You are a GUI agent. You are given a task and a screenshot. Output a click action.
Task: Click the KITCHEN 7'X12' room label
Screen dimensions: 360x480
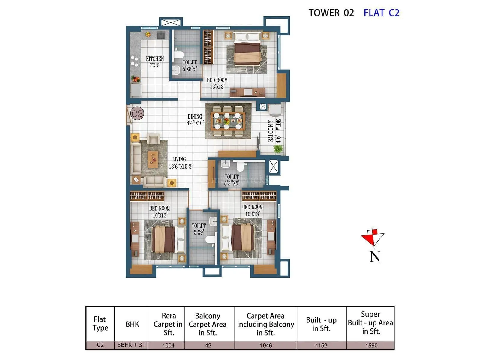coord(155,62)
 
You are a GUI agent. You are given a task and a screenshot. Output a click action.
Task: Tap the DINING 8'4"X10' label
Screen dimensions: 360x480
coord(195,119)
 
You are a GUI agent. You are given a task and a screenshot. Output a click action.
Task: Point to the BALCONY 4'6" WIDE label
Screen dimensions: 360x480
coord(274,131)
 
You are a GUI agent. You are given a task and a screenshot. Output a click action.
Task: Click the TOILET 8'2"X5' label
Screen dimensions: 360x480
coord(232,180)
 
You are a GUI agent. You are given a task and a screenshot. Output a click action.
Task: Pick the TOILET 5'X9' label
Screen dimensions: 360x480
coord(199,229)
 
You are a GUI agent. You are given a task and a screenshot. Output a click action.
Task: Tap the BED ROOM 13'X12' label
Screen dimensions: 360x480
coord(217,83)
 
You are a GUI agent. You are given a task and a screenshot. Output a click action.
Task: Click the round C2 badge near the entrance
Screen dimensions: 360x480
coord(137,114)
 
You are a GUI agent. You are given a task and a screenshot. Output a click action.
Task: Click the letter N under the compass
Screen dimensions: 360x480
coord(375,256)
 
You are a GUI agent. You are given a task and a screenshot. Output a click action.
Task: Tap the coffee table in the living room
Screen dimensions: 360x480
coord(153,159)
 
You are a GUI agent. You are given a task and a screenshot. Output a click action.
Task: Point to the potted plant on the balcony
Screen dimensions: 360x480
coord(278,148)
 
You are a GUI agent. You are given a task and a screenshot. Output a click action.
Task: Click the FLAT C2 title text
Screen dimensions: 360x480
coord(381,13)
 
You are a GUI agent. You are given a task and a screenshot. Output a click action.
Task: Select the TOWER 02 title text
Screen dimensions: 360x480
coord(331,13)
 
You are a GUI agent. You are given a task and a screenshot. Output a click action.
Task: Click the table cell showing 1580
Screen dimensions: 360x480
coord(371,346)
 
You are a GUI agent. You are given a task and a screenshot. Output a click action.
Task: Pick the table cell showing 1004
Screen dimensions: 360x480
coord(168,346)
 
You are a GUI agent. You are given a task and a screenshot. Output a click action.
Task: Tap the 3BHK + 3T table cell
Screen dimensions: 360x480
coord(131,345)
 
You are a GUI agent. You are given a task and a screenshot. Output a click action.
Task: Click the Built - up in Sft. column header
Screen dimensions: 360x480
coord(321,324)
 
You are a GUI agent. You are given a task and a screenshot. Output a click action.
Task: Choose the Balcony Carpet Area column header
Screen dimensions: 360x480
coord(208,324)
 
